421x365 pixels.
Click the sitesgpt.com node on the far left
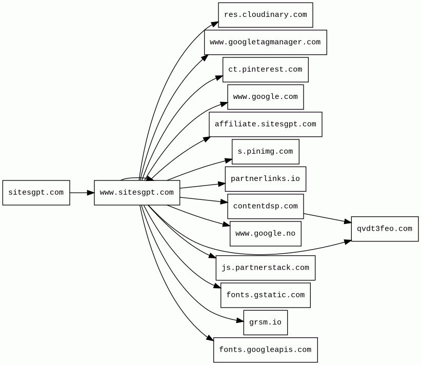pos(36,193)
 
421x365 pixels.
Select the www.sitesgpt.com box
pos(137,193)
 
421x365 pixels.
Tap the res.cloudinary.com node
pos(266,15)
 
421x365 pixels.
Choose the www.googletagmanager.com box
pos(266,43)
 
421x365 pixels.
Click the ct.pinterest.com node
pos(266,70)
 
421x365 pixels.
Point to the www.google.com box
pos(266,97)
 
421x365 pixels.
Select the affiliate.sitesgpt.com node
pos(266,125)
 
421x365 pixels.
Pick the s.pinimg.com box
pos(266,152)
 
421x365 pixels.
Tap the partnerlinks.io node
pos(266,179)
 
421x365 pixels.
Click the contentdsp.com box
pos(266,207)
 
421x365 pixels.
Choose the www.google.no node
pos(266,234)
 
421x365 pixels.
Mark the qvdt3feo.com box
pos(385,229)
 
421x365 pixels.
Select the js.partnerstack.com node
pos(266,268)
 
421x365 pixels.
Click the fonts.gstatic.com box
pos(266,295)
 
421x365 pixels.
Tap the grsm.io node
pos(266,322)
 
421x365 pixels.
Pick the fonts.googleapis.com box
pos(266,350)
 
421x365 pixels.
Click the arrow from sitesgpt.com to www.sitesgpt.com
pos(82,193)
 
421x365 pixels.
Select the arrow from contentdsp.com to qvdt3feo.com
pos(328,218)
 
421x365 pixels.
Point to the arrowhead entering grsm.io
pos(240,321)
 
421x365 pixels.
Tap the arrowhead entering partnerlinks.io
pos(222,184)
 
